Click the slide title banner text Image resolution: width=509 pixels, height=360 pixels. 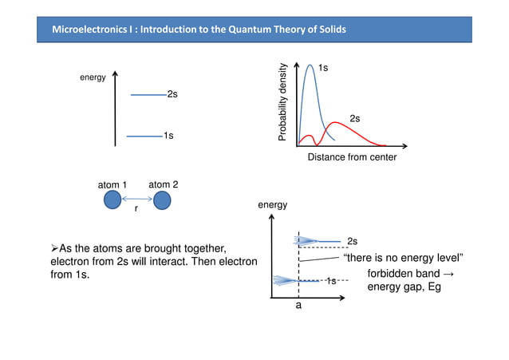(x=199, y=30)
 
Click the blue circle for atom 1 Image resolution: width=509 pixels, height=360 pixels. (x=112, y=200)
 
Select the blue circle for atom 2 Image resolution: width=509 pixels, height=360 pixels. (x=163, y=200)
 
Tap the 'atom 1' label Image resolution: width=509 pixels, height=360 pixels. (x=112, y=185)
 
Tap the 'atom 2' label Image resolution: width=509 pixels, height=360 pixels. (x=163, y=184)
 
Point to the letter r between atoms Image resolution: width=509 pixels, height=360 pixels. (x=136, y=209)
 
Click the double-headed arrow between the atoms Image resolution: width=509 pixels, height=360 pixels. (x=137, y=199)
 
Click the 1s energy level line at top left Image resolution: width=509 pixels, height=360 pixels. (x=144, y=136)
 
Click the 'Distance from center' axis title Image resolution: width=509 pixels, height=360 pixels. (x=352, y=157)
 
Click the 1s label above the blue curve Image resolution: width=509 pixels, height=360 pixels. (x=323, y=69)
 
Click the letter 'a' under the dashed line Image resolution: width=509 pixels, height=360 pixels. (x=298, y=304)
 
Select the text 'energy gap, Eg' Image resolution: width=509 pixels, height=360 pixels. (x=404, y=287)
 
